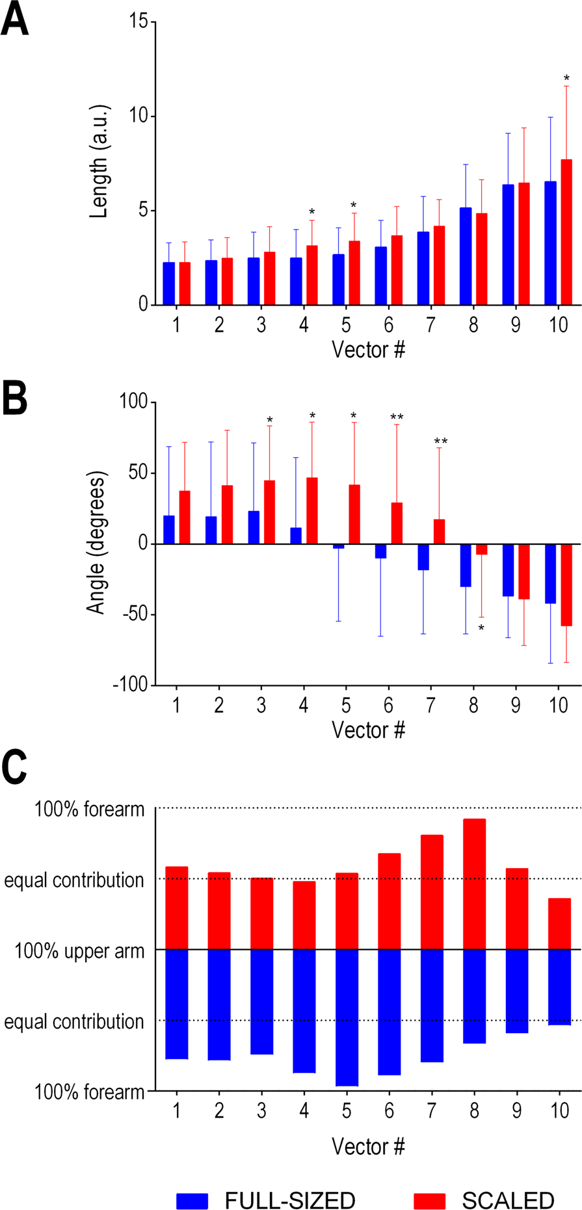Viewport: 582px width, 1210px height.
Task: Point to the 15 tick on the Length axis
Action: click(x=138, y=22)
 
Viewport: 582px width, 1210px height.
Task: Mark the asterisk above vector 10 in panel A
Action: click(x=566, y=79)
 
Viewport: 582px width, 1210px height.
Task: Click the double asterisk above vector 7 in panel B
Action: click(x=440, y=442)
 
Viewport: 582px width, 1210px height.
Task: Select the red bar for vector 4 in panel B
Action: click(x=312, y=510)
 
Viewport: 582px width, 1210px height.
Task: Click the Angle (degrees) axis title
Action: click(x=96, y=544)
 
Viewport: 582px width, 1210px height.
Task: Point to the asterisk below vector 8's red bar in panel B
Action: click(x=481, y=629)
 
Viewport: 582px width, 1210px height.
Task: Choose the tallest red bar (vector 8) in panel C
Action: click(x=474, y=884)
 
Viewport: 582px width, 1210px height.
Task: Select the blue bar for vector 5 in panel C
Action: click(x=346, y=1018)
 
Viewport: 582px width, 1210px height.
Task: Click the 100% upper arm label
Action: click(x=79, y=951)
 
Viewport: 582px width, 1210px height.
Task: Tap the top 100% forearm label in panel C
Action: click(x=89, y=809)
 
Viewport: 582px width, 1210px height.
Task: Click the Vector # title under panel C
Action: click(x=368, y=1146)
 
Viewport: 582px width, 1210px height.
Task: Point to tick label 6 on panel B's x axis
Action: click(x=388, y=705)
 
